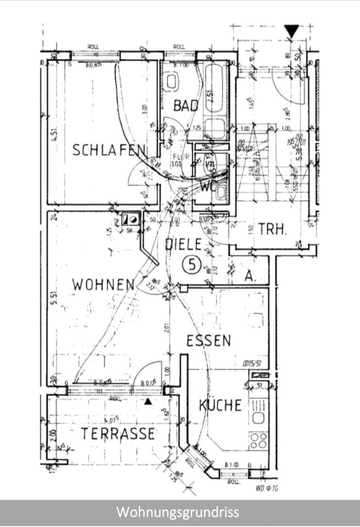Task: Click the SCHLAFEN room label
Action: click(x=109, y=150)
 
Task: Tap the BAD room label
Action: click(x=185, y=105)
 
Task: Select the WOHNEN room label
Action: click(x=103, y=284)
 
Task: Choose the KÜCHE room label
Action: click(x=220, y=406)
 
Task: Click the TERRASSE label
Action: click(x=117, y=434)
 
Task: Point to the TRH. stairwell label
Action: click(x=273, y=229)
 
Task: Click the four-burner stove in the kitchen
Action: click(x=258, y=440)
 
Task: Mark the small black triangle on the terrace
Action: click(x=148, y=401)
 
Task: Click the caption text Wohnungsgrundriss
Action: click(x=178, y=513)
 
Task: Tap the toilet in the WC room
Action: click(x=220, y=192)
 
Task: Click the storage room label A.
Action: click(x=250, y=277)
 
